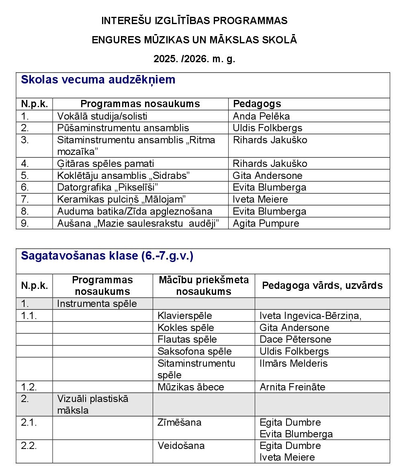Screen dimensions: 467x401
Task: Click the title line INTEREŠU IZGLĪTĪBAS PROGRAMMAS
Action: pos(194,20)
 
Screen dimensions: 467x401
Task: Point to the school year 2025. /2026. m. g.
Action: pos(194,59)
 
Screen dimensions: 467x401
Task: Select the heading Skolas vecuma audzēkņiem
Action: pos(98,79)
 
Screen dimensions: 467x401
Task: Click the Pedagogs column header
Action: pos(257,104)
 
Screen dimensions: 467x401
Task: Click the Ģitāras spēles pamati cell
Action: pos(106,164)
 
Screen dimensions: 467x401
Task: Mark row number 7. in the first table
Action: pos(25,199)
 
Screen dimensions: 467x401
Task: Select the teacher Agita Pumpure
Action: pos(266,223)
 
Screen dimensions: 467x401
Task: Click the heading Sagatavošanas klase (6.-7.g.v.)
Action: pos(107,256)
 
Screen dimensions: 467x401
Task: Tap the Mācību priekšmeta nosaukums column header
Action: pos(204,286)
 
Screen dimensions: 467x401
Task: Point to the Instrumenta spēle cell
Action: pos(97,304)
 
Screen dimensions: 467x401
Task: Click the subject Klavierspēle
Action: pos(185,316)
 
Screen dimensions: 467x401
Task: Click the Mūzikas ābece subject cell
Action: pos(191,387)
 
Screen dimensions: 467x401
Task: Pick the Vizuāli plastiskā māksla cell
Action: pos(92,404)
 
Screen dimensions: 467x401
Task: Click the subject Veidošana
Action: pos(181,446)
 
